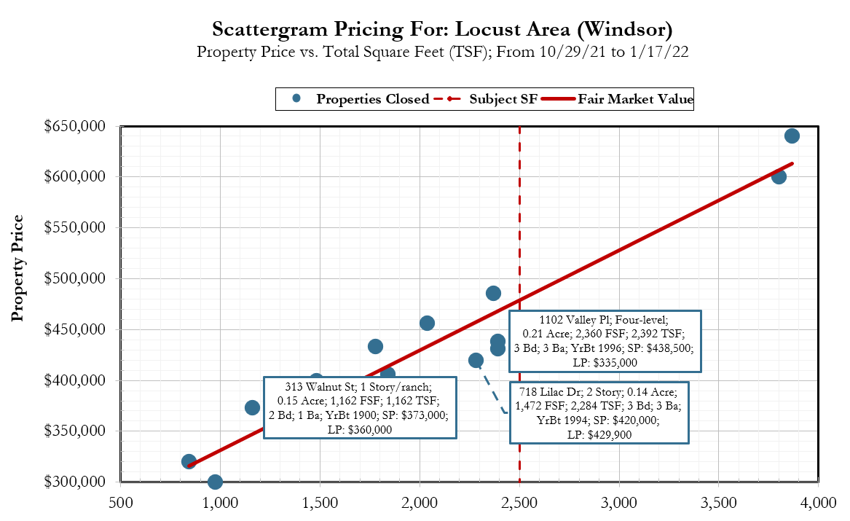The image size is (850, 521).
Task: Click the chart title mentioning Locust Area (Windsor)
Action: click(441, 30)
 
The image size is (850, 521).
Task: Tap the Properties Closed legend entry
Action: click(362, 99)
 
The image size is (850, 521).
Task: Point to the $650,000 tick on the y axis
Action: click(76, 126)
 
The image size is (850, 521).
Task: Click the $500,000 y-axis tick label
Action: click(76, 278)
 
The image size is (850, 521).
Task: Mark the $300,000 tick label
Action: click(76, 482)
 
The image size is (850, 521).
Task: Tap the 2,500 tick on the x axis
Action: click(519, 503)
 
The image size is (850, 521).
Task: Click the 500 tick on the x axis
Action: click(120, 503)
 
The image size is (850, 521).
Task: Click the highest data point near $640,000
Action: click(792, 136)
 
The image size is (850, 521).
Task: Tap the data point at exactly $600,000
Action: click(779, 176)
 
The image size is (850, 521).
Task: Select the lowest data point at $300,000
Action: click(215, 482)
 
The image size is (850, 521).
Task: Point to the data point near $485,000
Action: click(493, 293)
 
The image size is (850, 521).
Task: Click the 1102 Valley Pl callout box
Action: click(605, 341)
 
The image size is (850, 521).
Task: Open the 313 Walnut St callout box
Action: click(360, 407)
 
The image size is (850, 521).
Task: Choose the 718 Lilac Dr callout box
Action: click(599, 412)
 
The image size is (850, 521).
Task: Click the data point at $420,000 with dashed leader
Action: click(476, 360)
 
